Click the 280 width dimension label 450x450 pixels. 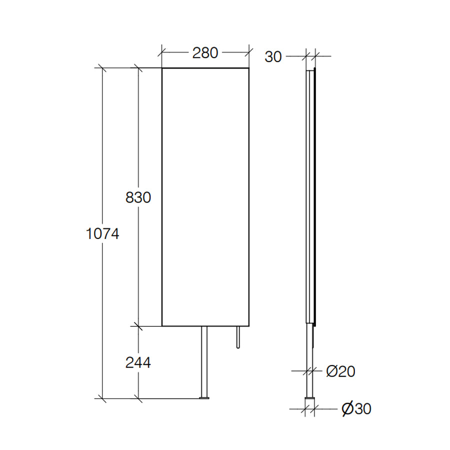(x=205, y=53)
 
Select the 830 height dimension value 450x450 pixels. (x=138, y=197)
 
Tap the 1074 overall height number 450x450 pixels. (x=102, y=233)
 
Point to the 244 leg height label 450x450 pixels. (x=138, y=363)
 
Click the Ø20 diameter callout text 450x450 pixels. (x=340, y=371)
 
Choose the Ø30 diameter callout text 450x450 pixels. (x=356, y=408)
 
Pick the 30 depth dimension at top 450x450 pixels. (x=273, y=57)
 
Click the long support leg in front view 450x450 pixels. (x=204, y=361)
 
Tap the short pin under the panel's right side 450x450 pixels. (x=238, y=337)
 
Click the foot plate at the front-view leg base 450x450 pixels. (x=204, y=398)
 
